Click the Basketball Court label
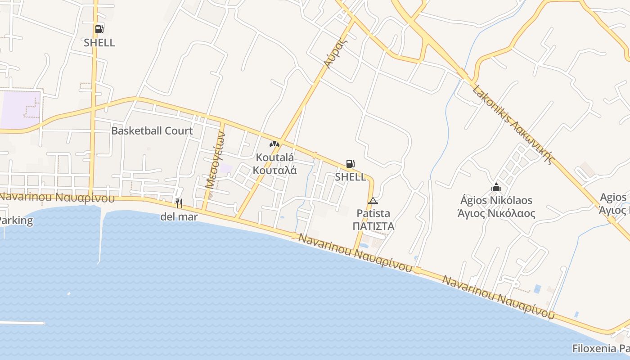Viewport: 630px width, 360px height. click(x=152, y=131)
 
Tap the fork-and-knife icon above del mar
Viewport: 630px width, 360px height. click(x=179, y=203)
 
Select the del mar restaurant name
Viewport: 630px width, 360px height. click(x=179, y=217)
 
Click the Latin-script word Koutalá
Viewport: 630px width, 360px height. click(x=274, y=157)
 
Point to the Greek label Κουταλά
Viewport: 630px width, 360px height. click(x=274, y=170)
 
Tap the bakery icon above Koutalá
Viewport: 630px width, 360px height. click(x=274, y=144)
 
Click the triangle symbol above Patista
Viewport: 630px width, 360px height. click(x=373, y=201)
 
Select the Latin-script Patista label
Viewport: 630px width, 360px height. click(x=373, y=213)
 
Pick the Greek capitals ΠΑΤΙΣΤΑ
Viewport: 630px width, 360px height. click(x=373, y=226)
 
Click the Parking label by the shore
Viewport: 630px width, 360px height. click(x=16, y=221)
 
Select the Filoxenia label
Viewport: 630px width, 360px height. click(x=600, y=348)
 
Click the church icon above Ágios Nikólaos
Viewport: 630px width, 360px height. click(x=496, y=187)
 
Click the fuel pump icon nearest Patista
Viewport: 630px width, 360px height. click(x=350, y=164)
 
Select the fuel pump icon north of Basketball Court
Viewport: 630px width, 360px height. click(x=99, y=29)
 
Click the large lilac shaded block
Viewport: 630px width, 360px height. click(x=20, y=109)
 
